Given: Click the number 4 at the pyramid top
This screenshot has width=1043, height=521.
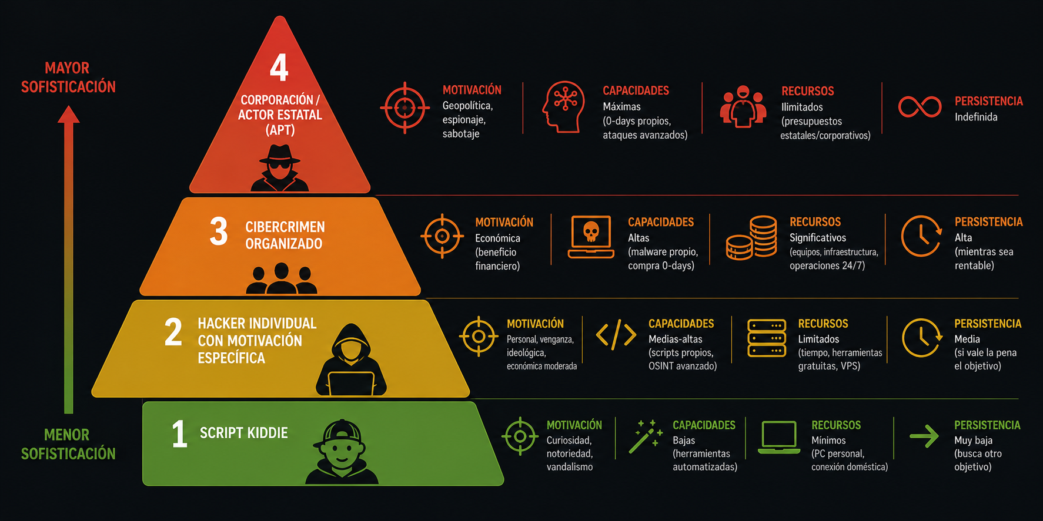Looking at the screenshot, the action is coord(279,68).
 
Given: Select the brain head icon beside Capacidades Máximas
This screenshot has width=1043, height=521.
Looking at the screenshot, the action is coord(564,107).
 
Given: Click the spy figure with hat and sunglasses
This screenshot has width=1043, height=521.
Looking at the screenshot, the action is coord(280,168).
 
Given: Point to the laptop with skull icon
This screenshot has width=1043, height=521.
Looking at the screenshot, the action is coord(591,237).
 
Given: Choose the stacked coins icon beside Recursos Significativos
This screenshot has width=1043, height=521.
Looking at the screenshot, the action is coord(751,238).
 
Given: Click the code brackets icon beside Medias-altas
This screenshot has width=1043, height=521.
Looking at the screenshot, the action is coord(616,335).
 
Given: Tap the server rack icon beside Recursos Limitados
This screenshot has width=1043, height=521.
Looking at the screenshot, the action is coord(767,338).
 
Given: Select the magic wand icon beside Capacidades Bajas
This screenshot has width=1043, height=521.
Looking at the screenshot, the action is coord(645,436).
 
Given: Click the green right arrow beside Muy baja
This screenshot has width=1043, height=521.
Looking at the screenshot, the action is coord(924,436).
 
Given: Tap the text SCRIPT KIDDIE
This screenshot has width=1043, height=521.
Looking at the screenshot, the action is coord(244,433).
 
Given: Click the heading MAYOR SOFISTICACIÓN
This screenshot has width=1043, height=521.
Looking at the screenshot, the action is coord(68,78).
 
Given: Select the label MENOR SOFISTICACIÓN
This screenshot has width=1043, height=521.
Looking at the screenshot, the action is coord(68,444).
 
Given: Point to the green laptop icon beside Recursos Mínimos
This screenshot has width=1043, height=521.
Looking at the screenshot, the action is coord(779,437).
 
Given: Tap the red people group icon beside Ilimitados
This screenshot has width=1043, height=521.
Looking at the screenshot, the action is coord(743,107).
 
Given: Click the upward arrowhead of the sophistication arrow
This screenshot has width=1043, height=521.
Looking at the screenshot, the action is coord(69,114).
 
